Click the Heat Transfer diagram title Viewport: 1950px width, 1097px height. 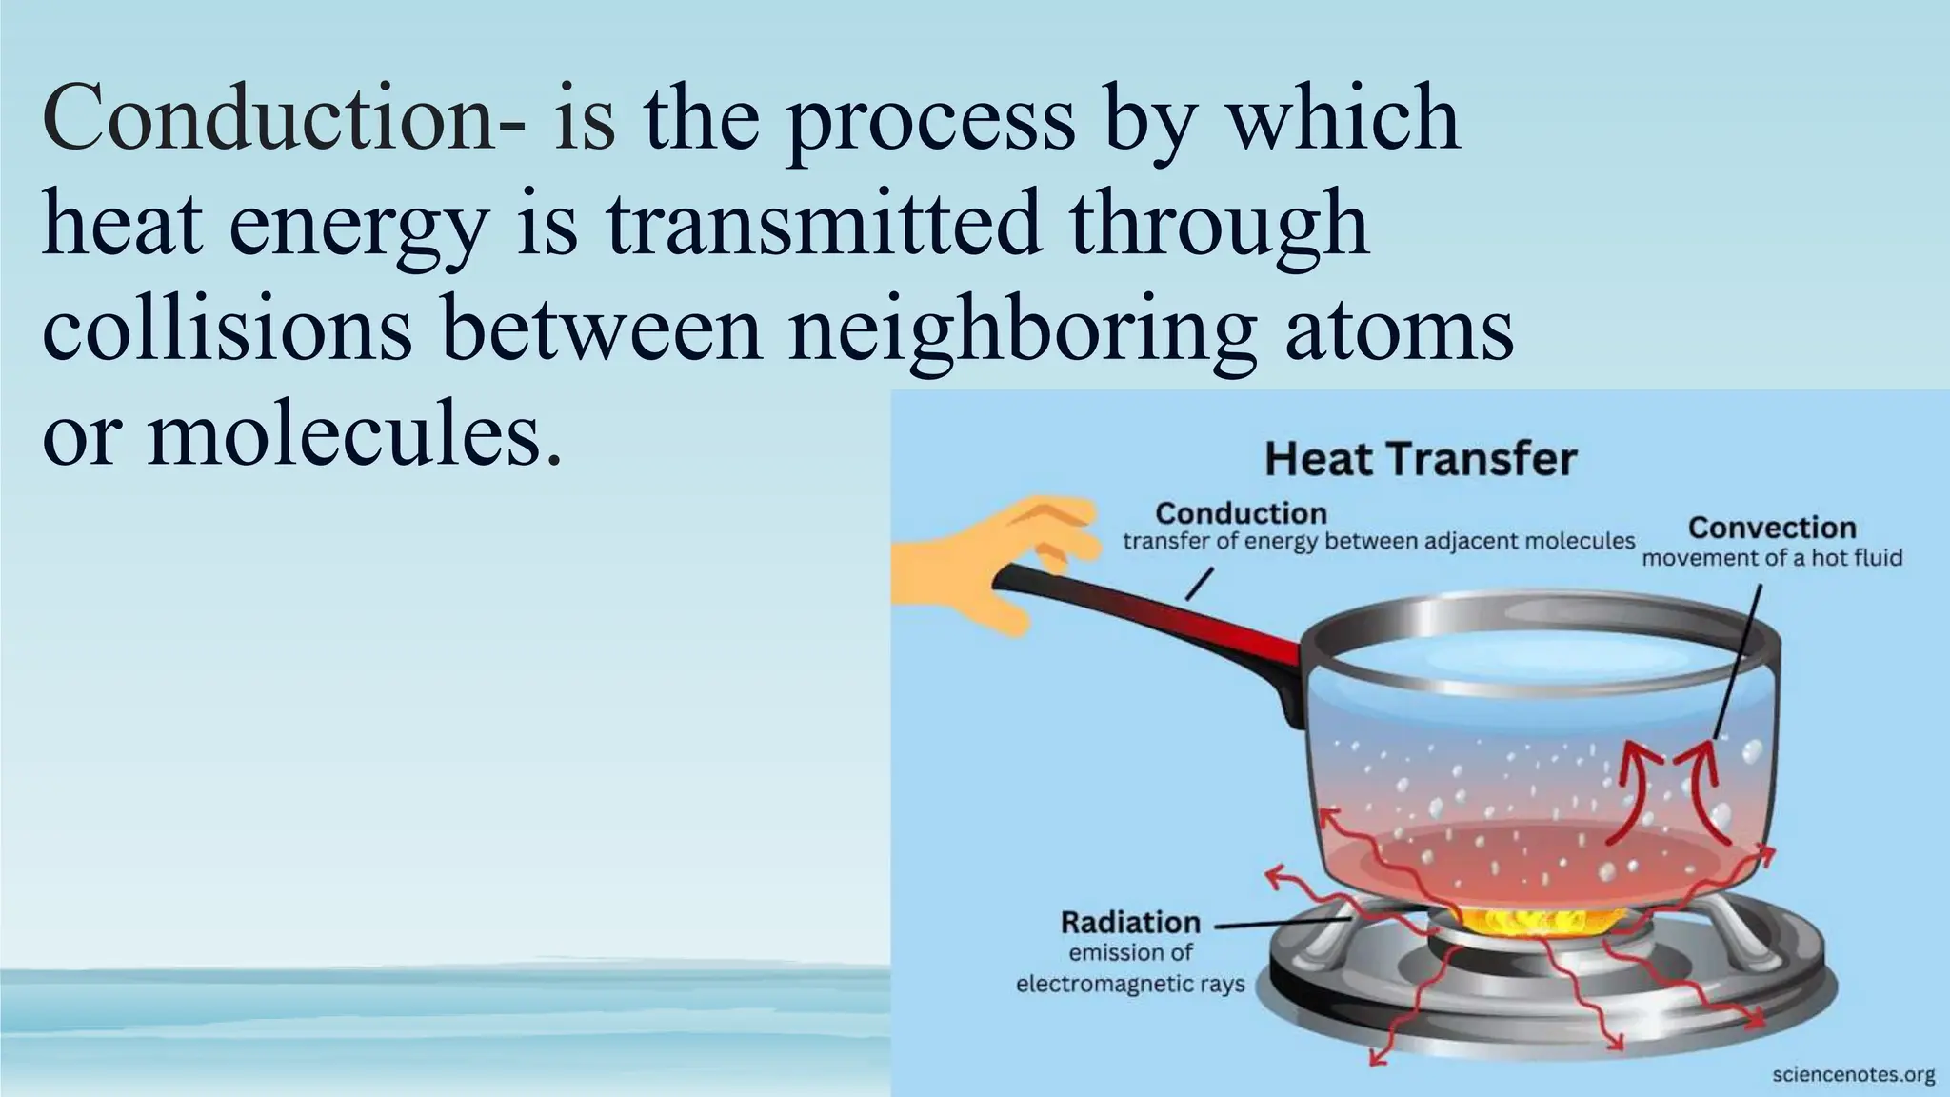1420,460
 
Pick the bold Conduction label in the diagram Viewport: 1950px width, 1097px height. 1241,514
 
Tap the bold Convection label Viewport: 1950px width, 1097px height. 1771,528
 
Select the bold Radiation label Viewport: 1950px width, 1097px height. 1130,923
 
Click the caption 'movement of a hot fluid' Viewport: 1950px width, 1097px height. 1771,558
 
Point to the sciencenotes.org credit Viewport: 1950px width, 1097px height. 1853,1075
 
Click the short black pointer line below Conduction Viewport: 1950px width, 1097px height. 1199,585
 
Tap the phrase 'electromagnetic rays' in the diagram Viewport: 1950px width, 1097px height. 1130,984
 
